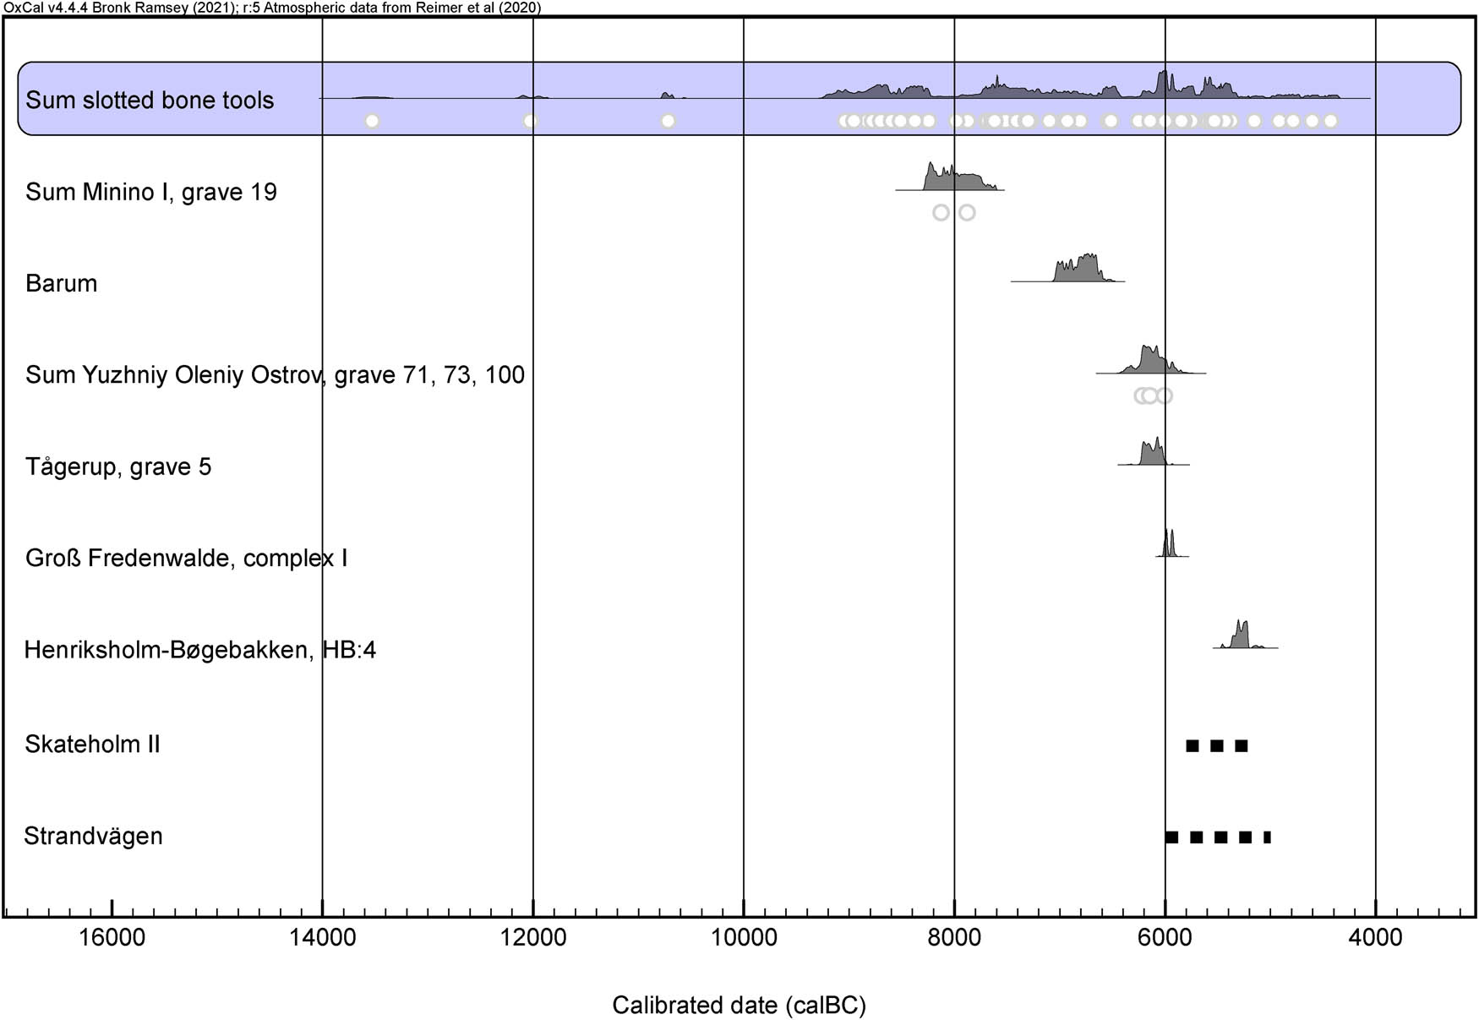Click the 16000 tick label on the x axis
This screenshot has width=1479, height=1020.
point(112,937)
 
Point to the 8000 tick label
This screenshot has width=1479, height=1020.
point(954,937)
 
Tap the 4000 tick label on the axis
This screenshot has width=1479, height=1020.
point(1375,937)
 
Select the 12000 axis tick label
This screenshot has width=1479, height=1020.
point(532,937)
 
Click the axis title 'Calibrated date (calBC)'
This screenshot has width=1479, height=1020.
point(739,1005)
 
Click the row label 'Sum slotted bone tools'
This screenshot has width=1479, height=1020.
point(150,100)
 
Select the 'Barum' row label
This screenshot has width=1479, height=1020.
point(61,283)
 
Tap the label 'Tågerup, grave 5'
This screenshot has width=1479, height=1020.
point(118,466)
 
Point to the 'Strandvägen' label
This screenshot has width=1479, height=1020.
point(93,836)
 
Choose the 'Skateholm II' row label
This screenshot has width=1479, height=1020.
point(92,744)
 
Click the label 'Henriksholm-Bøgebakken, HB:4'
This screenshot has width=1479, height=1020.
point(200,649)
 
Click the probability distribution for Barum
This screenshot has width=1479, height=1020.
point(1077,270)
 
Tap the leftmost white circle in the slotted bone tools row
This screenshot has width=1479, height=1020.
point(372,121)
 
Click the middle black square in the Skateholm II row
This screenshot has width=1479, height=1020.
point(1217,745)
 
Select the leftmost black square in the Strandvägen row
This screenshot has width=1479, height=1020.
point(1171,837)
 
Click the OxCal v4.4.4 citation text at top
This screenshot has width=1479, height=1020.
point(272,8)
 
